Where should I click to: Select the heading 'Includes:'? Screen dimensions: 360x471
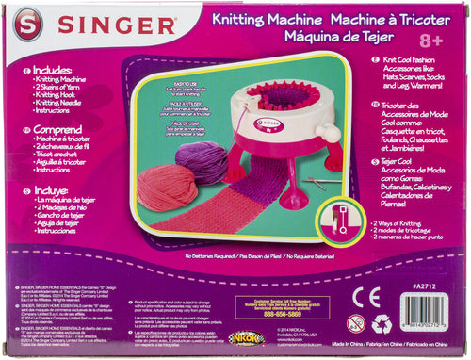click(x=51, y=71)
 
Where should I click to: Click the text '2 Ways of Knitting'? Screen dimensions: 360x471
click(x=405, y=222)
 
